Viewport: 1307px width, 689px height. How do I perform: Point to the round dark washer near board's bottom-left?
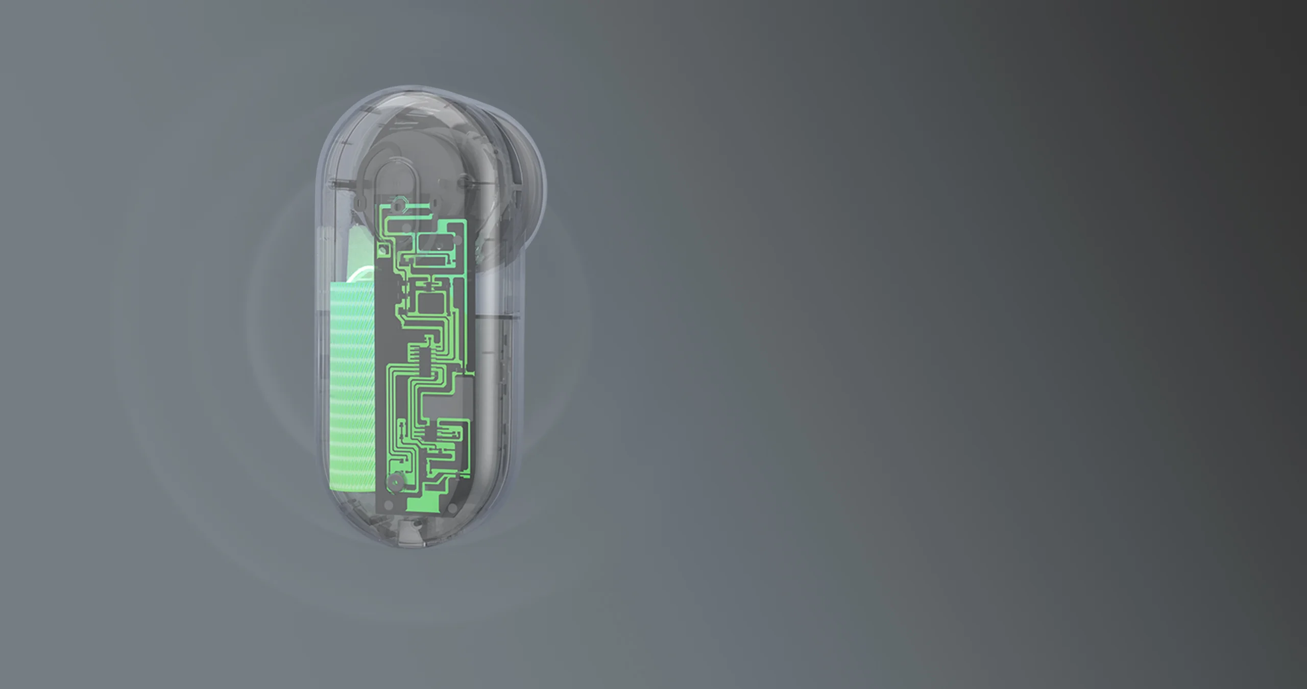[x=395, y=482]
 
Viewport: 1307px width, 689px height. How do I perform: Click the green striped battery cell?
[x=352, y=388]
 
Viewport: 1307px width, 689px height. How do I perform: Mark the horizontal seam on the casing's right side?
[x=498, y=317]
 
